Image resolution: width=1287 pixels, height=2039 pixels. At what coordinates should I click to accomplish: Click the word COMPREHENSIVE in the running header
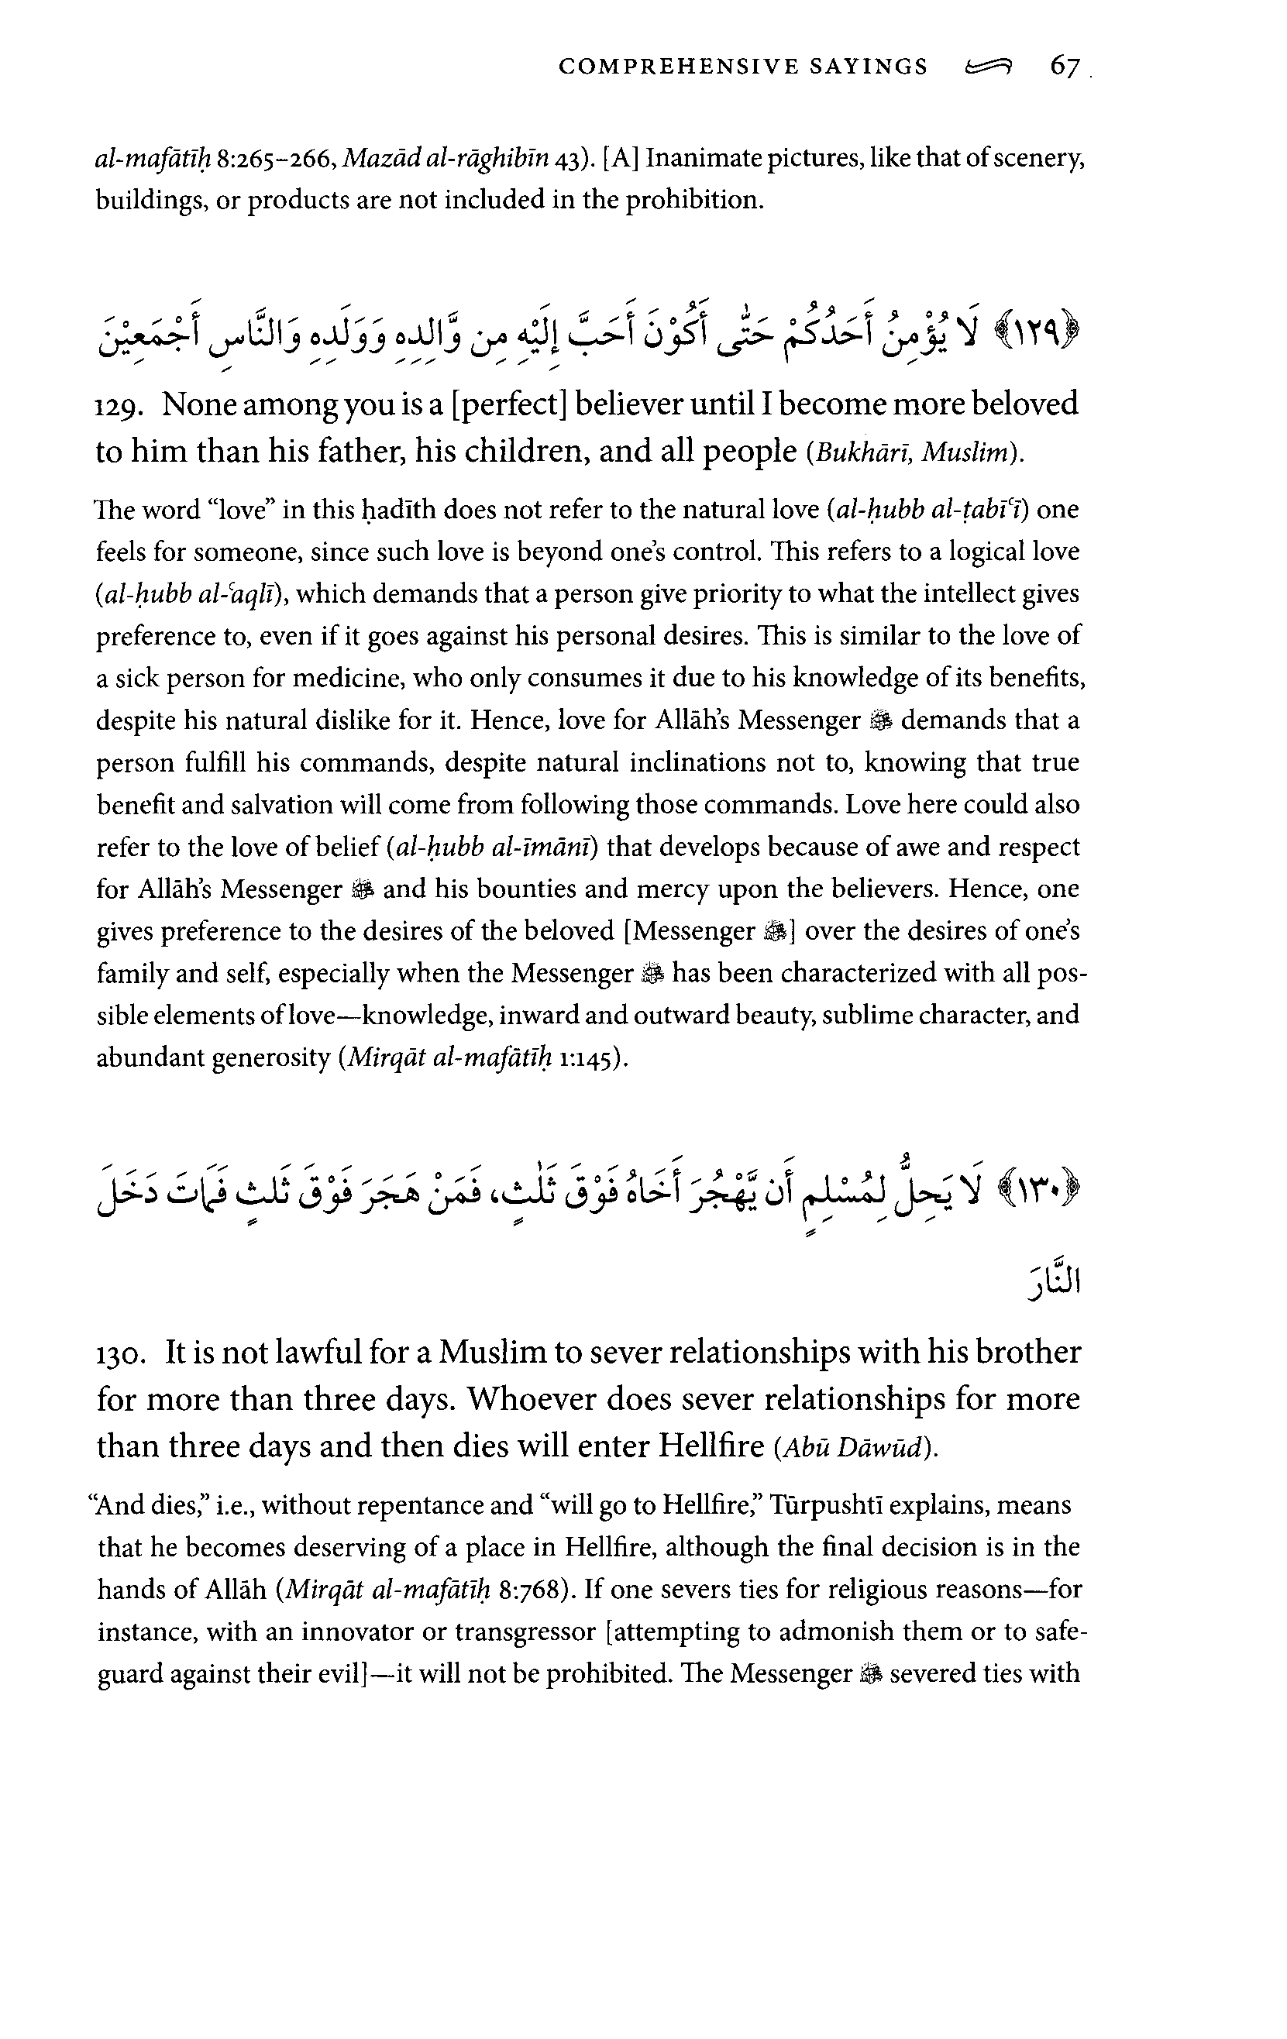[677, 67]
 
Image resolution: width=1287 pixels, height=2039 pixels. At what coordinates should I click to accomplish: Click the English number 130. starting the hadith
[126, 1353]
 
